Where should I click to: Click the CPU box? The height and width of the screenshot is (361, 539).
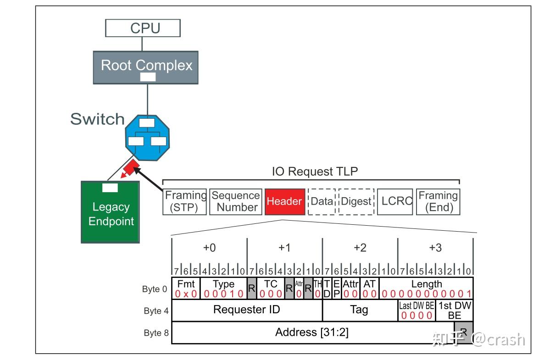tap(143, 28)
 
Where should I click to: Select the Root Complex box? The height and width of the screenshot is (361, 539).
tap(146, 67)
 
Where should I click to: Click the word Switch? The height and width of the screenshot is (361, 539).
tap(97, 119)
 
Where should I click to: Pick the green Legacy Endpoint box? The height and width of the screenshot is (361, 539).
tap(110, 211)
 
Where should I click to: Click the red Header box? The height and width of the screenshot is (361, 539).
tap(284, 201)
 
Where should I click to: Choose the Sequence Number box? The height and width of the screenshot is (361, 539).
tap(235, 201)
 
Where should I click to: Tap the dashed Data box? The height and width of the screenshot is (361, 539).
tap(322, 201)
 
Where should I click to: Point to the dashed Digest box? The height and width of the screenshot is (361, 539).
tap(356, 201)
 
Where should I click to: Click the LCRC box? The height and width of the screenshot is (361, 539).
tap(395, 201)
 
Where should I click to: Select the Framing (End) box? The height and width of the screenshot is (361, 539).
tap(438, 201)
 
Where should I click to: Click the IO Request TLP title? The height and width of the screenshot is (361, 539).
tap(315, 172)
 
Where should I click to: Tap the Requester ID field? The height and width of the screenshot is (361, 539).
tap(246, 310)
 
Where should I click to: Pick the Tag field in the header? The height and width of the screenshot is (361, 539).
tap(359, 310)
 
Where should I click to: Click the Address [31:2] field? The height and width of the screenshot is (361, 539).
tap(312, 333)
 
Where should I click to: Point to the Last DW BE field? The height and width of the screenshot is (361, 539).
tap(416, 311)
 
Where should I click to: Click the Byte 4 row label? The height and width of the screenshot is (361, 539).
tap(153, 311)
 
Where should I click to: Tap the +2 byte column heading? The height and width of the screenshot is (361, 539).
tap(360, 248)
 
